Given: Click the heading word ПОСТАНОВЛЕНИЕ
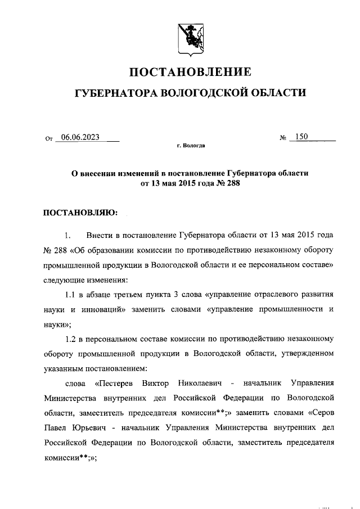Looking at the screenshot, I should (191, 72).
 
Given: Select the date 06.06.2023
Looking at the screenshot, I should (80, 137).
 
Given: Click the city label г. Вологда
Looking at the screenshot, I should (191, 146).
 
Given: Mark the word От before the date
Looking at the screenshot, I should (48, 138).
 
